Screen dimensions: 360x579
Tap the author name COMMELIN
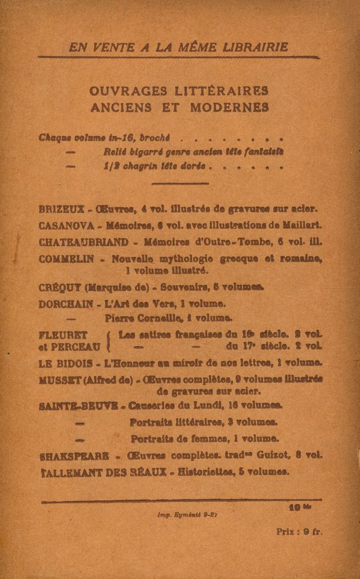[x=66, y=259]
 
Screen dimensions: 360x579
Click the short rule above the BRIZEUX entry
[x=179, y=184]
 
